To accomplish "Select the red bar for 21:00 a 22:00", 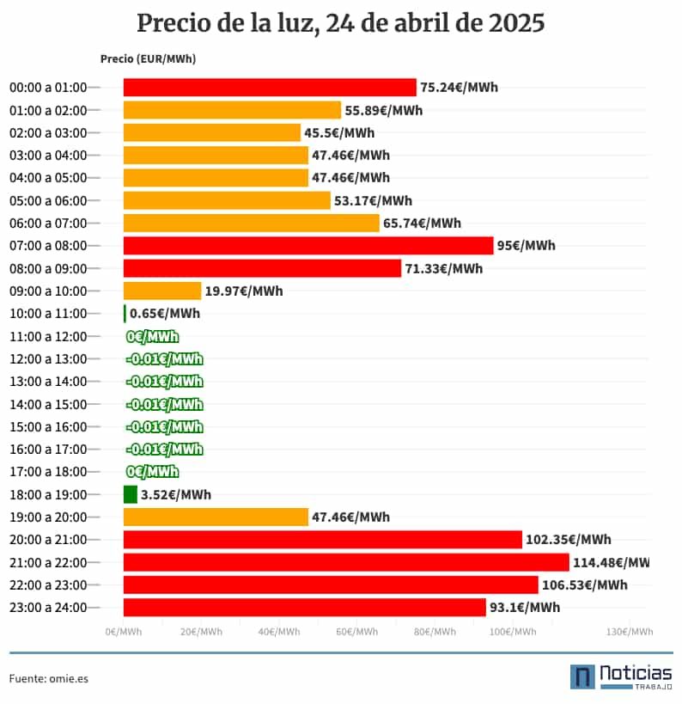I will [346, 562].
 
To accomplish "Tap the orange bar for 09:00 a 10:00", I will [162, 291].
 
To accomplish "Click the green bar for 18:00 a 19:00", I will [131, 494].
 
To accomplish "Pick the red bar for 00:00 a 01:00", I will [270, 88].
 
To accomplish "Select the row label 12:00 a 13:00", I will [48, 358].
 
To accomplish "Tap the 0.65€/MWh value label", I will [164, 314].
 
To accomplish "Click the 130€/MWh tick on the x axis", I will [630, 632].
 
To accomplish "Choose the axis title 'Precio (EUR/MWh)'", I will [149, 58].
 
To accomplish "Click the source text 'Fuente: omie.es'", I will [49, 679].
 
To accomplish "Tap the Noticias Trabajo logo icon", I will [582, 676].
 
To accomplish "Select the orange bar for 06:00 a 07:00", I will [252, 223].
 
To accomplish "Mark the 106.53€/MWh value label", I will [585, 585].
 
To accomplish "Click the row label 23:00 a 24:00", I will [48, 608].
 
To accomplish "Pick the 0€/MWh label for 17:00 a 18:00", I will [152, 472].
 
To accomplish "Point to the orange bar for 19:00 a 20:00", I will [216, 517].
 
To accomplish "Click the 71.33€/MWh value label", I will [443, 269].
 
